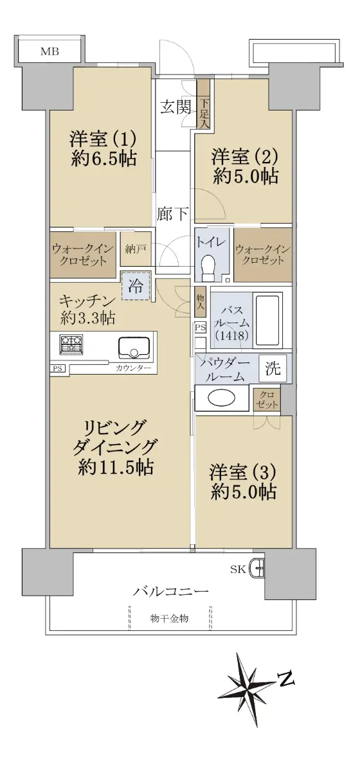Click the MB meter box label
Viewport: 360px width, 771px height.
50,51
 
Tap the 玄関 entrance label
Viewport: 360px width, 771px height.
175,108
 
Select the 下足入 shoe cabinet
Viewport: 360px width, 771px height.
203,104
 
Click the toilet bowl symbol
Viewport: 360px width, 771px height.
208,266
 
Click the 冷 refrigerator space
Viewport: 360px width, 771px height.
136,286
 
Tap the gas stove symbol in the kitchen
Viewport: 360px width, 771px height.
71,344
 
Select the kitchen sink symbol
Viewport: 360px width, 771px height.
134,348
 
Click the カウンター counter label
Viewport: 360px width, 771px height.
133,368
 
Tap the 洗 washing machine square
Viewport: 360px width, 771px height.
273,368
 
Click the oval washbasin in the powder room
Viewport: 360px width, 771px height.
222,398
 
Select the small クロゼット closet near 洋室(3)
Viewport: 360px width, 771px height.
267,400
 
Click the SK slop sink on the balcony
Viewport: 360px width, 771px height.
258,569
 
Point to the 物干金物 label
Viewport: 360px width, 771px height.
169,618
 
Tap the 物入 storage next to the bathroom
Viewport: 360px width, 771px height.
200,302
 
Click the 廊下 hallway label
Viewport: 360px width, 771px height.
172,215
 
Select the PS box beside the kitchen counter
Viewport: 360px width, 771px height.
58,368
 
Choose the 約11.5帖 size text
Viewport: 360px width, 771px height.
116,467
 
